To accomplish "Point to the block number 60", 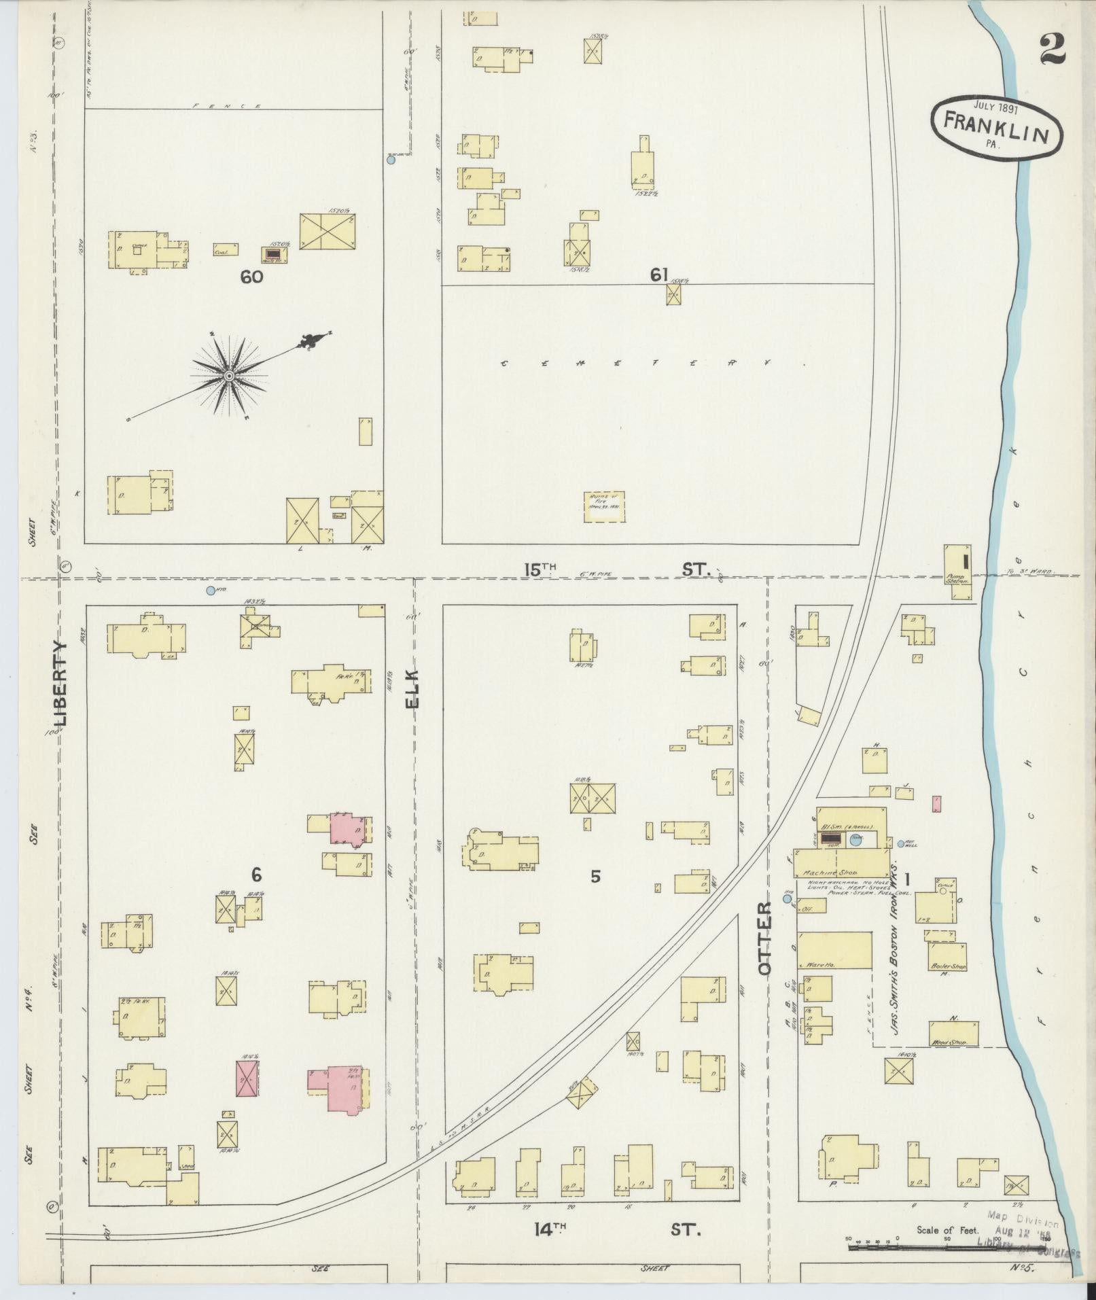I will point(251,277).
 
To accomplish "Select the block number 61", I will point(658,275).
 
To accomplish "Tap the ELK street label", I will point(413,689).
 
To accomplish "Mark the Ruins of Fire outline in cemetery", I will point(604,507).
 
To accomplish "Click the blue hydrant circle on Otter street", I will point(788,898).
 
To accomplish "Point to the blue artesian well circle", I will point(901,843).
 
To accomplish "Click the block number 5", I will point(595,877).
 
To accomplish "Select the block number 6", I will point(256,875).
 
